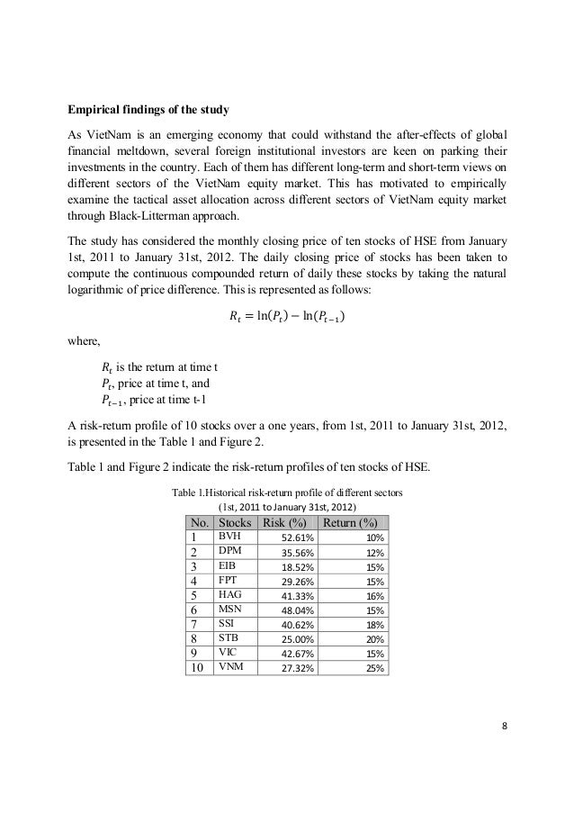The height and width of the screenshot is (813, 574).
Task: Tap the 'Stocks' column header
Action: coord(233,523)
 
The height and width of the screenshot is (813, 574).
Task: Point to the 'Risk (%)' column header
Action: coord(284,523)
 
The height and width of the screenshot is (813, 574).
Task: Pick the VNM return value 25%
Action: coord(374,669)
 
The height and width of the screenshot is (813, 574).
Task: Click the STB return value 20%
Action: coord(374,640)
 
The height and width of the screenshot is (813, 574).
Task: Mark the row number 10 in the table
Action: coord(198,669)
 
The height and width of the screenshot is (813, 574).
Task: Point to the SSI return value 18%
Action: coord(374,626)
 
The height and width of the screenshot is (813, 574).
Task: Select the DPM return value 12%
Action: coord(374,553)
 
